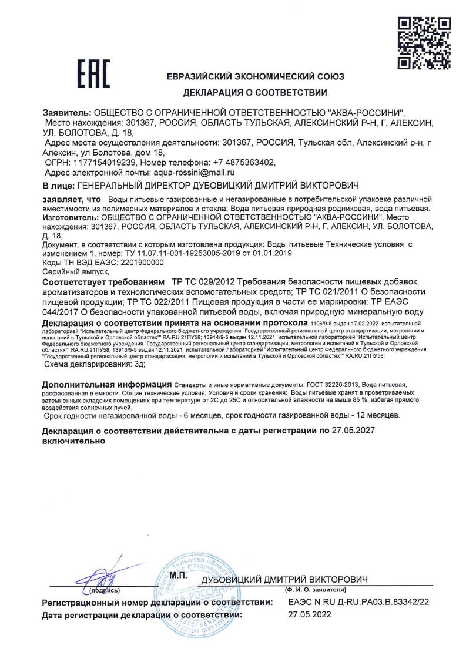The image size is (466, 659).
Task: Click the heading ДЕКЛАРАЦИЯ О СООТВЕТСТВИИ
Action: [255, 92]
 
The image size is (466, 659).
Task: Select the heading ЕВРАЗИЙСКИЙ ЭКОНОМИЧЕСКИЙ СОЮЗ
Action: [255, 76]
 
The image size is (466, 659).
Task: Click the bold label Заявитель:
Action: [67, 112]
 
